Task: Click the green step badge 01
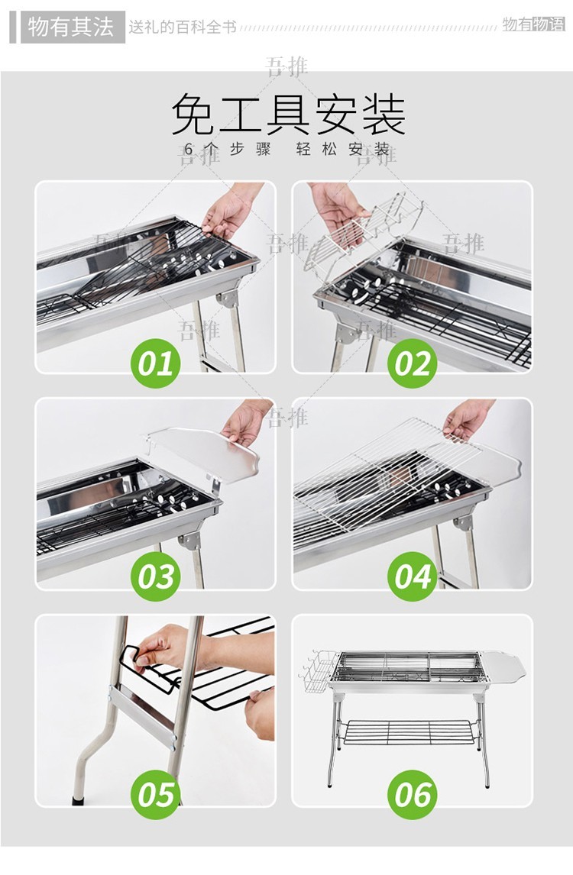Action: pyautogui.click(x=155, y=363)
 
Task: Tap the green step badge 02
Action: pyautogui.click(x=412, y=363)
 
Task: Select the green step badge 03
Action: pyautogui.click(x=155, y=576)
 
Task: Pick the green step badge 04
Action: pyautogui.click(x=412, y=576)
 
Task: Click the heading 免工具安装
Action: pyautogui.click(x=287, y=115)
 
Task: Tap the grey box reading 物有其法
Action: pyautogui.click(x=72, y=27)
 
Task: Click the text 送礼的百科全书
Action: pyautogui.click(x=183, y=27)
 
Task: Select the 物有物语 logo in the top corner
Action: pyautogui.click(x=533, y=24)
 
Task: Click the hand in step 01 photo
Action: pyautogui.click(x=230, y=209)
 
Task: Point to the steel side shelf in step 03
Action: pyautogui.click(x=204, y=453)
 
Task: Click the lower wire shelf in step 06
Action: pyautogui.click(x=411, y=731)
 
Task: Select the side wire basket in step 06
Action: pyautogui.click(x=319, y=671)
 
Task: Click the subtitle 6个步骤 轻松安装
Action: pyautogui.click(x=287, y=149)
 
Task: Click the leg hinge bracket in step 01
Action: pyautogui.click(x=228, y=299)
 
